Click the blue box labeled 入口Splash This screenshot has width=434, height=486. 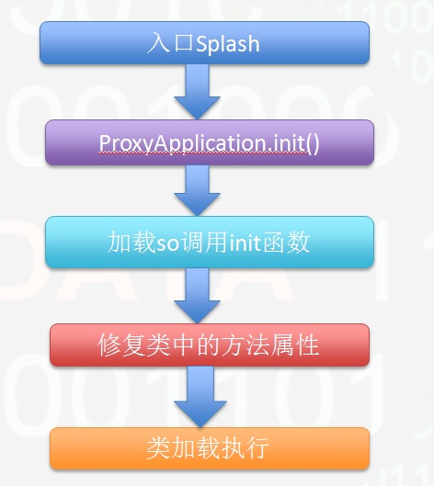click(204, 43)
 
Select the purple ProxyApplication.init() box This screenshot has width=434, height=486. click(210, 142)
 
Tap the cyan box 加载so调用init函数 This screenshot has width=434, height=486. click(210, 242)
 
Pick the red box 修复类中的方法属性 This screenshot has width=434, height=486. click(210, 345)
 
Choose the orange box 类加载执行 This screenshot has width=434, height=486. click(210, 448)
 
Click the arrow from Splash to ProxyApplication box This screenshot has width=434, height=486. click(197, 92)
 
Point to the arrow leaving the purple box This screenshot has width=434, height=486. click(197, 190)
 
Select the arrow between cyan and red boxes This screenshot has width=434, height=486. click(197, 296)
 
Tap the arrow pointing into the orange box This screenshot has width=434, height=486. click(200, 397)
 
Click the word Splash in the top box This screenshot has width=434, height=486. click(228, 43)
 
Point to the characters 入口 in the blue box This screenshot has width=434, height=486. click(170, 43)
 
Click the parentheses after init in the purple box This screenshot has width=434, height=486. click(313, 144)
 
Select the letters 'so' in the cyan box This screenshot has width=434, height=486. click(167, 244)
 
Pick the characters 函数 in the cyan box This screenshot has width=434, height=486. click(286, 243)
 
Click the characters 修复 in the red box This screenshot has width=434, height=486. click(121, 345)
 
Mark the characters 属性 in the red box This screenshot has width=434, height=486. click(295, 345)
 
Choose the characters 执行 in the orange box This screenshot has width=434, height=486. click(245, 448)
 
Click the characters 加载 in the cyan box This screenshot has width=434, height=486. click(131, 243)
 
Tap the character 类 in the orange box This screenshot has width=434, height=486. click(158, 448)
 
